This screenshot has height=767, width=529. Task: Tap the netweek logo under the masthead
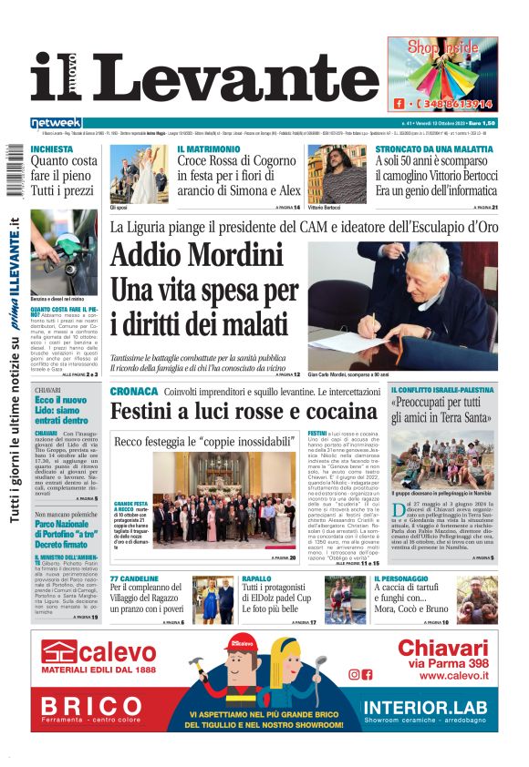(57, 122)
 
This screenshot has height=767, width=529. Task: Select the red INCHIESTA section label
(52, 148)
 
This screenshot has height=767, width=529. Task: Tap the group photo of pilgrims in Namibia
(442, 459)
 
